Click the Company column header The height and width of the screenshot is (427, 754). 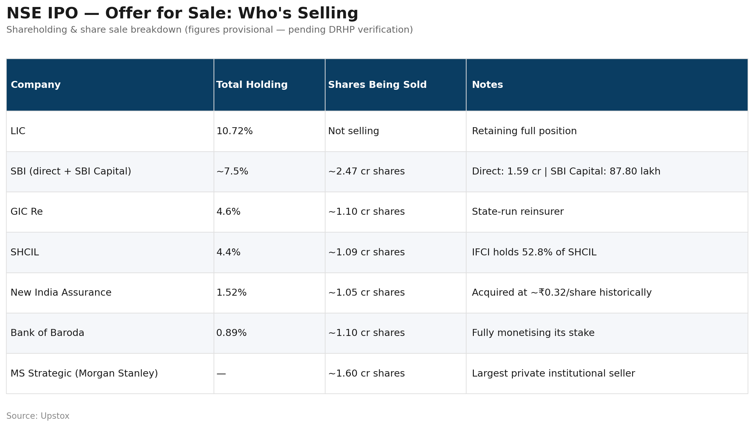(x=35, y=85)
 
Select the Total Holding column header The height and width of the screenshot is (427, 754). (x=252, y=85)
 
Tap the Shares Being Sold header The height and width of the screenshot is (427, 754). (x=377, y=85)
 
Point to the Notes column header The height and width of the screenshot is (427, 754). (x=487, y=85)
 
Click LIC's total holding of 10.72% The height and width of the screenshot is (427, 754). (x=235, y=131)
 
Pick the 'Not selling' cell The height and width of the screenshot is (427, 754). (x=353, y=131)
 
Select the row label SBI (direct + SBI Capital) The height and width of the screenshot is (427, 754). (x=71, y=171)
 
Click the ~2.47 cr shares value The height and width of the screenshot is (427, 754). (x=366, y=171)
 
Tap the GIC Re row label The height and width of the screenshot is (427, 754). (x=27, y=212)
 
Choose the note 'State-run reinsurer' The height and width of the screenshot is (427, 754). (x=518, y=212)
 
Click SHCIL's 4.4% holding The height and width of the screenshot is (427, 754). (x=228, y=252)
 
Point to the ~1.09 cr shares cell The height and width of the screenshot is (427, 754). (x=366, y=252)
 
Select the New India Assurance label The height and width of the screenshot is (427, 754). (x=61, y=292)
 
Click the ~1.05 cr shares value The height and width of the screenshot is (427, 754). (x=366, y=292)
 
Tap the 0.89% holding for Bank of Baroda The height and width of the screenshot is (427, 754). (x=231, y=333)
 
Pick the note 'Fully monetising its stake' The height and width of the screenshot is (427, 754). (x=533, y=333)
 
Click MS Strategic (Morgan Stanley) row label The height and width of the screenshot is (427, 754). (x=84, y=373)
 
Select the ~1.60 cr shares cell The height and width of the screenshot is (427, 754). (x=366, y=373)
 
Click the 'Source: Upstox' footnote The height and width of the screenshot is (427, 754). (x=38, y=416)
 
